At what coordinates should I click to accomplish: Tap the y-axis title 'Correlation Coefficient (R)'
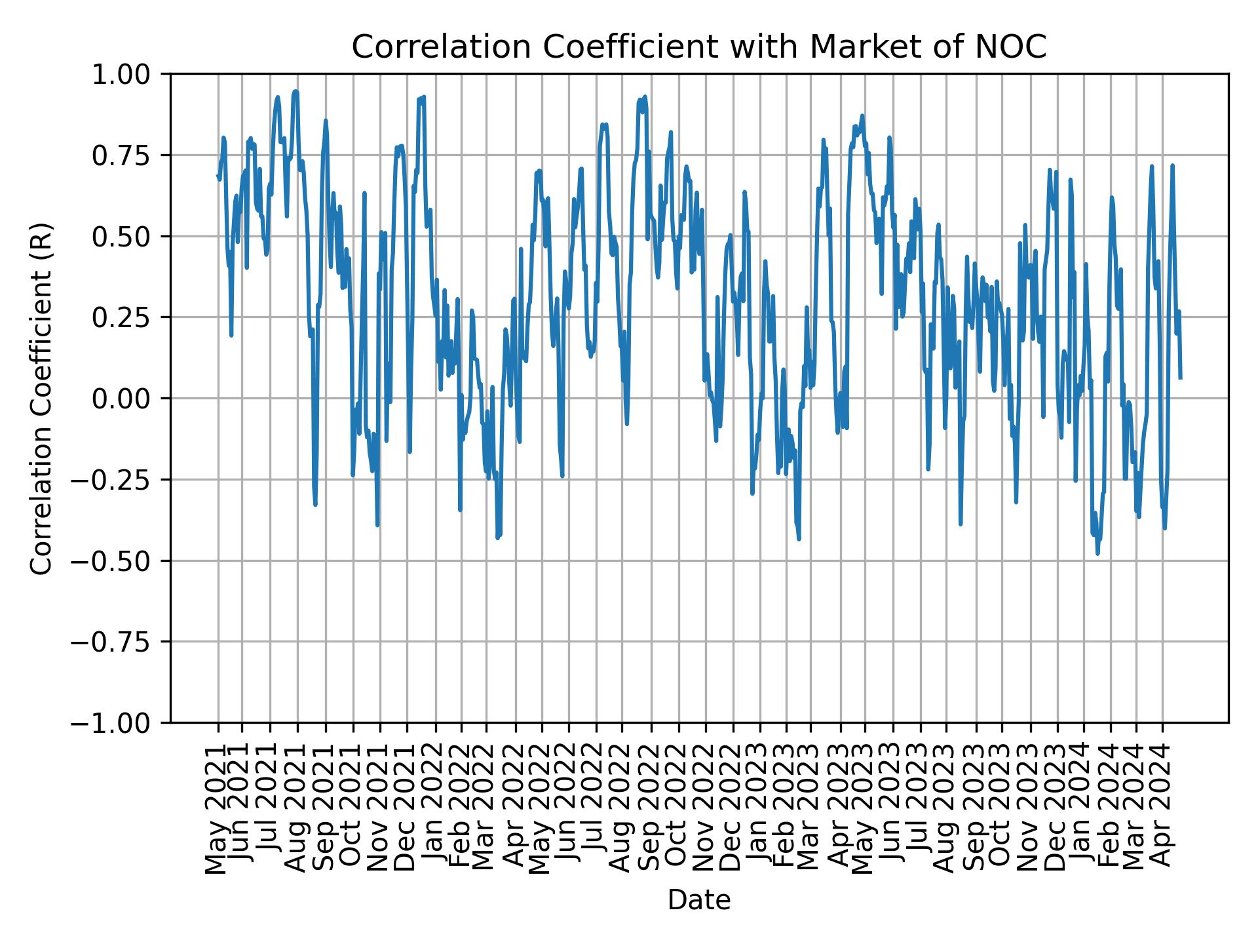click(x=41, y=399)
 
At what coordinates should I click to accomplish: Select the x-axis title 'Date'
click(x=698, y=901)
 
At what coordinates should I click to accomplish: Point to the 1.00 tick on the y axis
click(x=129, y=74)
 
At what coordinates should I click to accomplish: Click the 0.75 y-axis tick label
click(x=129, y=155)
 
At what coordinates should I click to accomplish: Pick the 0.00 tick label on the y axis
click(x=129, y=399)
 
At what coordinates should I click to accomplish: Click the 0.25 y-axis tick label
click(x=129, y=317)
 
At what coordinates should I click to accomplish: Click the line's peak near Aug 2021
click(x=295, y=91)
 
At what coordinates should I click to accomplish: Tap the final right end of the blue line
click(x=1181, y=378)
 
